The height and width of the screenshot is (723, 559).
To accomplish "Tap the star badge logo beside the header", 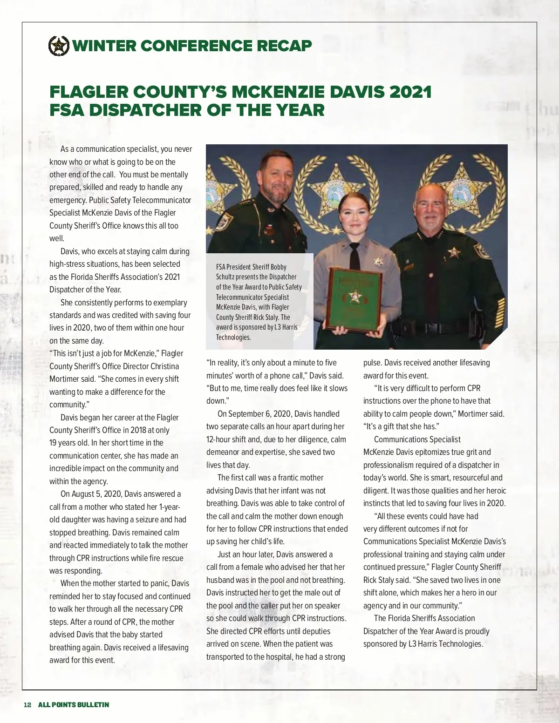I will click(59, 46).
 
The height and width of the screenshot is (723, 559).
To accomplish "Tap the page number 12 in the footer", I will click(27, 705).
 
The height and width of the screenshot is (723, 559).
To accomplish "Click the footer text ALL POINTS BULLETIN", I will click(74, 705).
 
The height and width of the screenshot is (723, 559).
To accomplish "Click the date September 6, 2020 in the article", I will click(260, 414).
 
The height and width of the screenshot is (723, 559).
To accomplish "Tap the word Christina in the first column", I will click(165, 366).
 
